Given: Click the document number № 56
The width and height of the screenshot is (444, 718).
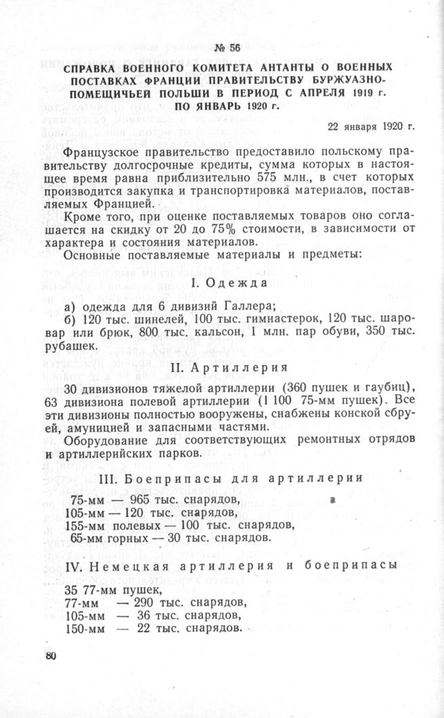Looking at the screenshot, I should tap(226, 47).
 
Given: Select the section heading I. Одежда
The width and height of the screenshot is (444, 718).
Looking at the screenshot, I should tap(226, 283).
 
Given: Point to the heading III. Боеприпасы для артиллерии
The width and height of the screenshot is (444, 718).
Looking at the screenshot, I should tap(226, 478).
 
